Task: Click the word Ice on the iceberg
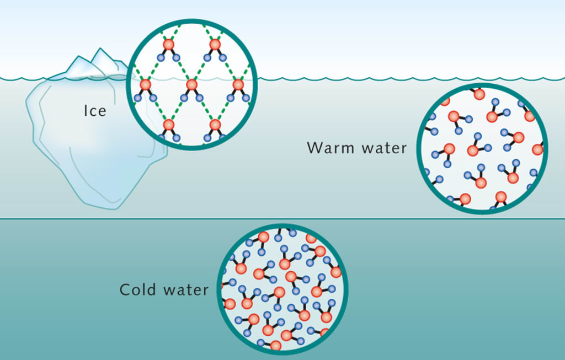pyautogui.click(x=94, y=110)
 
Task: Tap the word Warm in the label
pyautogui.click(x=328, y=148)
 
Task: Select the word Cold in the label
pyautogui.click(x=138, y=289)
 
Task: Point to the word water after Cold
pyautogui.click(x=186, y=289)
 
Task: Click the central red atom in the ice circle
pyautogui.click(x=191, y=85)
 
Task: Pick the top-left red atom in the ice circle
pyautogui.click(x=169, y=45)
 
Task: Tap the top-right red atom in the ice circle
pyautogui.click(x=215, y=45)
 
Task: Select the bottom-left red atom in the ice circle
pyautogui.click(x=169, y=125)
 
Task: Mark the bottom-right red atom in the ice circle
pyautogui.click(x=215, y=125)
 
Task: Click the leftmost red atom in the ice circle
pyautogui.click(x=146, y=85)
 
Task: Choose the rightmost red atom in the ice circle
pyautogui.click(x=238, y=85)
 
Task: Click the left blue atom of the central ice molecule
pyautogui.click(x=183, y=98)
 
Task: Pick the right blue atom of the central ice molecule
pyautogui.click(x=200, y=98)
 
